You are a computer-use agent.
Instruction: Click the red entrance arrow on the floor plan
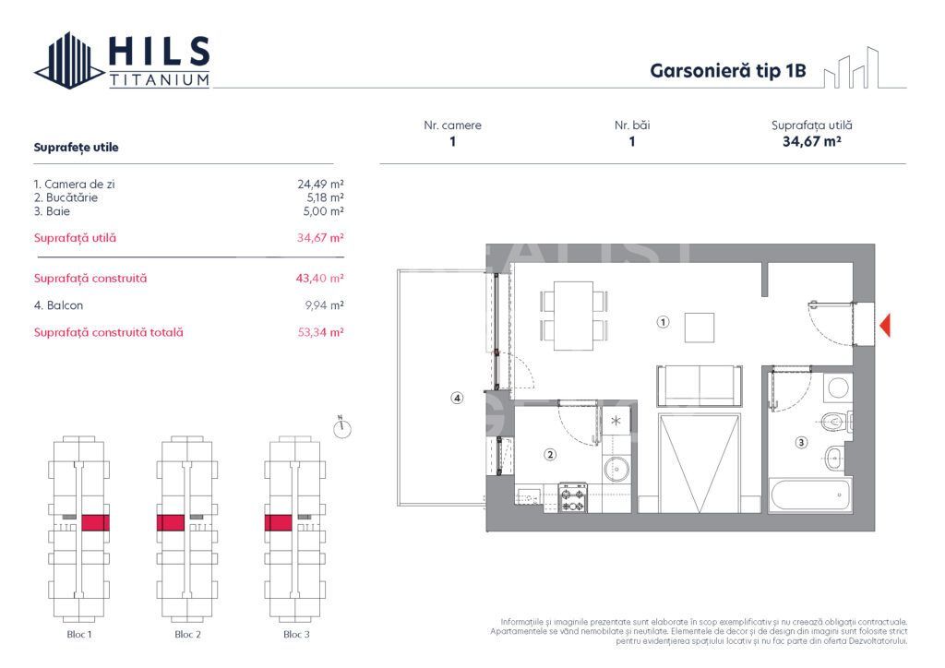click(x=885, y=326)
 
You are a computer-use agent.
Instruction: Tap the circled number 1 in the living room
click(x=663, y=322)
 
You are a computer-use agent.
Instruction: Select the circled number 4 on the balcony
click(x=458, y=398)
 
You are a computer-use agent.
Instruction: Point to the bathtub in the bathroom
click(x=810, y=495)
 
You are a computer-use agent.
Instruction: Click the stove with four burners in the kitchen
click(x=572, y=497)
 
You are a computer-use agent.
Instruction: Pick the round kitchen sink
click(x=616, y=468)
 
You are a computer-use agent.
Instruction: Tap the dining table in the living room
click(x=573, y=316)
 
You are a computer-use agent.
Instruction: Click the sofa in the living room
click(x=700, y=386)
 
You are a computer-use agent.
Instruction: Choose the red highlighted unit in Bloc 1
click(x=95, y=522)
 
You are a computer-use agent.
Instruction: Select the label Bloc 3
click(x=296, y=634)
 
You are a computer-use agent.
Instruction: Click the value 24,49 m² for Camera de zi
click(x=320, y=184)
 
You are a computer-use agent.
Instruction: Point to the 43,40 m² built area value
click(x=320, y=279)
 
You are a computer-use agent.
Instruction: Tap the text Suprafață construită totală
click(x=109, y=332)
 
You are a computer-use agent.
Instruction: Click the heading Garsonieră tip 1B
click(x=727, y=70)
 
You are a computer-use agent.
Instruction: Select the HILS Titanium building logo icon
click(x=69, y=60)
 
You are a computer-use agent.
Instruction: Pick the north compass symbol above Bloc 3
click(x=341, y=427)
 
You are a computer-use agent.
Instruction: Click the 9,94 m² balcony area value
click(x=324, y=305)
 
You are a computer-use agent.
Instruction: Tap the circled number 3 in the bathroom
click(x=801, y=442)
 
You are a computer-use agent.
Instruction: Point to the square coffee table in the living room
click(x=700, y=328)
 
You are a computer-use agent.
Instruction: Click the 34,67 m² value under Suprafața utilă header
click(x=811, y=141)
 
